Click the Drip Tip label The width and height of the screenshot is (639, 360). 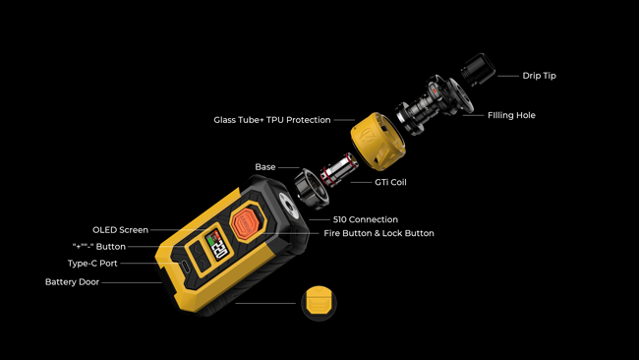539,76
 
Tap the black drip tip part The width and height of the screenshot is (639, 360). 478,69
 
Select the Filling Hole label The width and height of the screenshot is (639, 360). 511,115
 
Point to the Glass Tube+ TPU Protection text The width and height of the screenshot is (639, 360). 271,120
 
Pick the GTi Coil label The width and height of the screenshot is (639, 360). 390,182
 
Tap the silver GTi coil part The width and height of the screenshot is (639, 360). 339,169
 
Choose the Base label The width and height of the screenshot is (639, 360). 265,167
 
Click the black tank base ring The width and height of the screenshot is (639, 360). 312,189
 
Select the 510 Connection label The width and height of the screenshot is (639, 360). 366,219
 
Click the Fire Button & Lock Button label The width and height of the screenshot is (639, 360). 378,234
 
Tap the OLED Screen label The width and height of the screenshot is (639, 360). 120,230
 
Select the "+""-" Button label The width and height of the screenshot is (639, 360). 99,247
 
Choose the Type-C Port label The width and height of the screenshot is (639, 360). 92,264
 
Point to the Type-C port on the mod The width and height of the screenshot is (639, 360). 185,267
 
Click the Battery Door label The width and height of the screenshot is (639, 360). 72,282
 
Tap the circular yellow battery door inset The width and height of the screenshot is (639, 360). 319,303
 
